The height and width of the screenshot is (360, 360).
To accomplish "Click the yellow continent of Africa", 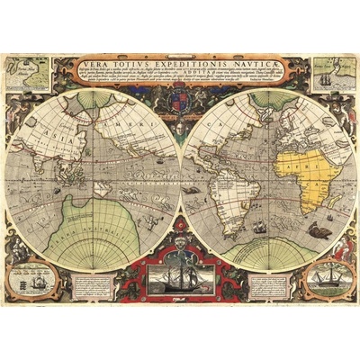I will [x=298, y=176].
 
